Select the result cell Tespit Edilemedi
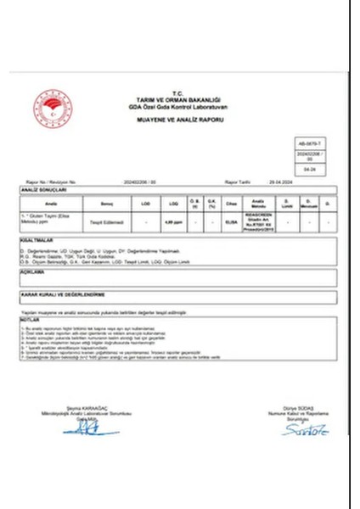pos(108,221)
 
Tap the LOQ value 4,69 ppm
pos(174,221)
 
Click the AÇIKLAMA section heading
pos(33,273)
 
